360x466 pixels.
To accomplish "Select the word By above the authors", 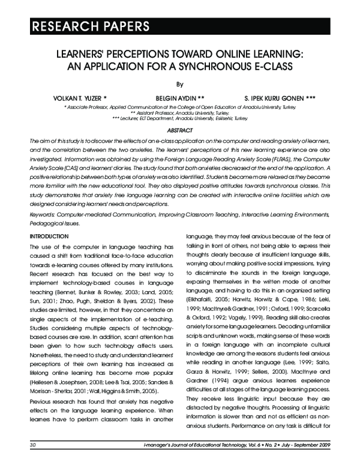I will click(179, 85).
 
